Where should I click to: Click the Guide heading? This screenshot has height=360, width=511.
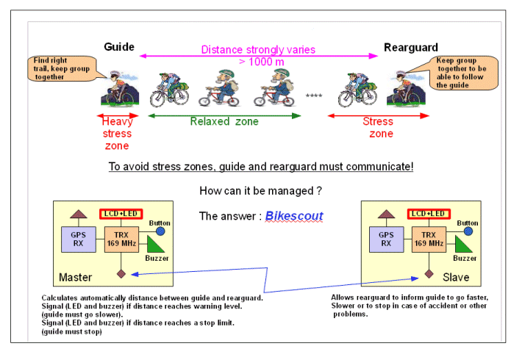point(119,47)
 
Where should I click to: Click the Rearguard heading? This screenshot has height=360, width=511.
point(411,48)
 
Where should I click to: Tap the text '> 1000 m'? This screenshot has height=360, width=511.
point(259,62)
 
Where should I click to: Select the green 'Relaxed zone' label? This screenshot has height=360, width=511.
point(224,122)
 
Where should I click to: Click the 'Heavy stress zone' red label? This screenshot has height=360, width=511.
point(117,134)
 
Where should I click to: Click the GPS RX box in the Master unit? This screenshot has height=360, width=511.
point(77,239)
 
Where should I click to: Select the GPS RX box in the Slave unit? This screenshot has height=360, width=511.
point(386,239)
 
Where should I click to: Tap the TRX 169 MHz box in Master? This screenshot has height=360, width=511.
point(121,239)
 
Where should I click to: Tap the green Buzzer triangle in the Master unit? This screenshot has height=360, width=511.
point(157,245)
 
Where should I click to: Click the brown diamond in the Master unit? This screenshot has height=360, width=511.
point(121,273)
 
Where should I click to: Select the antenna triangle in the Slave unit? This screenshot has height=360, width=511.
point(386,214)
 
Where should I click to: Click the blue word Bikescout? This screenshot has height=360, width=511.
point(294,216)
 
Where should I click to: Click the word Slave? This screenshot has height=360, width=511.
point(456,278)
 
